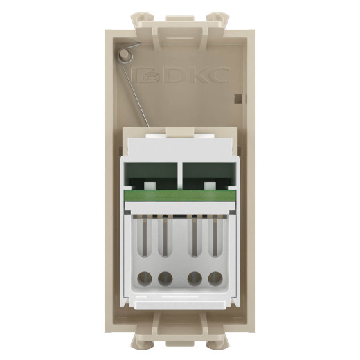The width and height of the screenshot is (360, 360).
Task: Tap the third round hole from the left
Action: point(196,280)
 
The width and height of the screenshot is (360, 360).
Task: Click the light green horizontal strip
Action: point(180,200)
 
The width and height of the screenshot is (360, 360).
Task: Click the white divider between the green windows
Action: point(180,177)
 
